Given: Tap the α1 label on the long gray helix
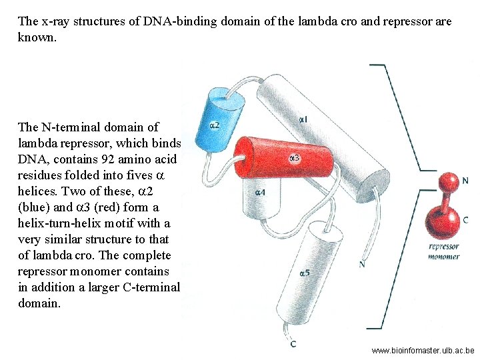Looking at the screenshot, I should point(303,119).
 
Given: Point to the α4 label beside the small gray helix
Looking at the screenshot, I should point(261,193).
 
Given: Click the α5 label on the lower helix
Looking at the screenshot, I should point(305,272).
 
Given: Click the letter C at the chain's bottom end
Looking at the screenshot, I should point(293,344).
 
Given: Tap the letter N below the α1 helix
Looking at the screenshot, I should point(361,264).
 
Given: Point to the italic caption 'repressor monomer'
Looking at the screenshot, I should point(443,251).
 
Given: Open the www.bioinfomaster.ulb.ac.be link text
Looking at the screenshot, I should point(423,350).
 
